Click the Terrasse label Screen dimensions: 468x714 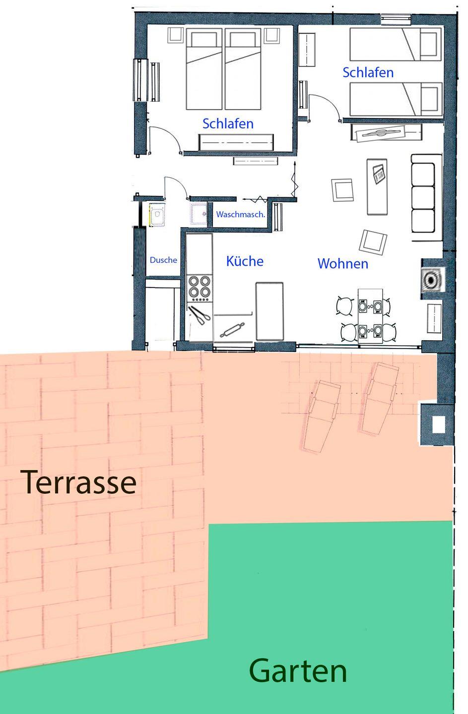[78, 482]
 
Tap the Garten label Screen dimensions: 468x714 [298, 671]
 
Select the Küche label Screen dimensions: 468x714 [245, 261]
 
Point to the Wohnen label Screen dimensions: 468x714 [343, 264]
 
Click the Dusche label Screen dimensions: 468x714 [163, 260]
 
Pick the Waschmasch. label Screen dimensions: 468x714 [241, 215]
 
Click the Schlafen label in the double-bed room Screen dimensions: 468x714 [228, 123]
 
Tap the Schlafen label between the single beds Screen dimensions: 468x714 [368, 73]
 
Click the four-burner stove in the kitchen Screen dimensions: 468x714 [200, 288]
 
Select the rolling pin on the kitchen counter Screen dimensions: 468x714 [232, 330]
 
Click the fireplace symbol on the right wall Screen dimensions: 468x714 [432, 280]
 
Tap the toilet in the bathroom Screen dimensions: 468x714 [157, 216]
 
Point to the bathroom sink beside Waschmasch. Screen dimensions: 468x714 [199, 213]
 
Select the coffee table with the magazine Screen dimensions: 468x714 [377, 187]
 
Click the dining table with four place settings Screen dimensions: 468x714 [370, 316]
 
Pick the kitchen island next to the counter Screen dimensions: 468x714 [269, 311]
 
